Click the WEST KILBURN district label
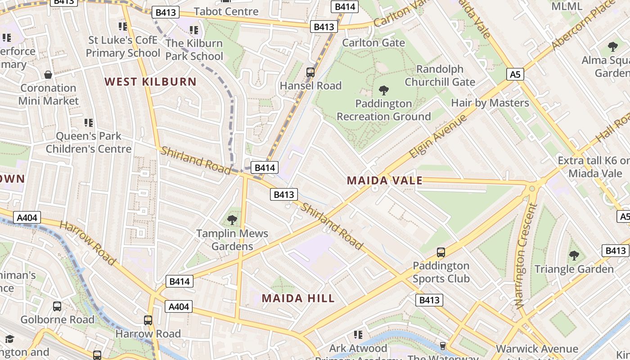click(151, 82)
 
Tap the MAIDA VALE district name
click(385, 181)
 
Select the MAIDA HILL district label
click(298, 298)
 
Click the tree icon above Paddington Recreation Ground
click(384, 90)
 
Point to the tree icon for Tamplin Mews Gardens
click(232, 220)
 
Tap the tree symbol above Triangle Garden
click(574, 256)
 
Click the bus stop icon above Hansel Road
click(310, 72)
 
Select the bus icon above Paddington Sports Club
click(441, 252)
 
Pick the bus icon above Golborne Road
click(57, 306)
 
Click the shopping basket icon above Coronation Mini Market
click(48, 75)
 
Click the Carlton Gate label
click(373, 43)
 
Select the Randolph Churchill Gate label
click(440, 76)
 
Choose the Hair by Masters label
click(490, 103)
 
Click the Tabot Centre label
click(226, 11)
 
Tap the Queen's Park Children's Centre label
click(89, 142)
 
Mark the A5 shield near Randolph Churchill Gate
click(515, 74)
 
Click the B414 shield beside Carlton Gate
click(345, 7)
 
